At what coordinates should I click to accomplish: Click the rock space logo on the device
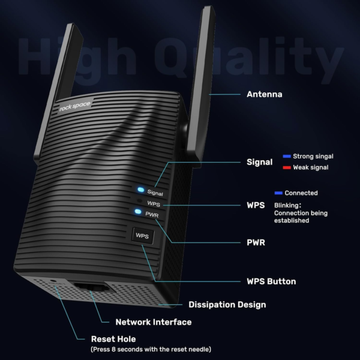75,106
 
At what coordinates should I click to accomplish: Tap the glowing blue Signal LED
141,190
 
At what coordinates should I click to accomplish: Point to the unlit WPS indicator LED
139,200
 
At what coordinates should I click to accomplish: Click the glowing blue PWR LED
138,211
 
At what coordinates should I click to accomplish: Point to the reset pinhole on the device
53,281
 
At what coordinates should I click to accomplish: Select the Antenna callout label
264,94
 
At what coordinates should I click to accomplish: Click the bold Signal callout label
259,162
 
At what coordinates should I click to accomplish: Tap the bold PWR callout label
256,242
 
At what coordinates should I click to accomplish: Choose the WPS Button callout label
271,281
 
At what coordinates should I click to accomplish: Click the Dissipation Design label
227,304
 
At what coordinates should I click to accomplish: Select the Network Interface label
154,322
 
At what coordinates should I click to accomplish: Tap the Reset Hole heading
113,339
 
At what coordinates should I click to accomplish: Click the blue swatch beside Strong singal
287,157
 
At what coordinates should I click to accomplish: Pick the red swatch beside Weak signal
287,167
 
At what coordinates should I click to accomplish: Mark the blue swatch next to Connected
278,193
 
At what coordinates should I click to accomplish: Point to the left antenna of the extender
58,92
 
